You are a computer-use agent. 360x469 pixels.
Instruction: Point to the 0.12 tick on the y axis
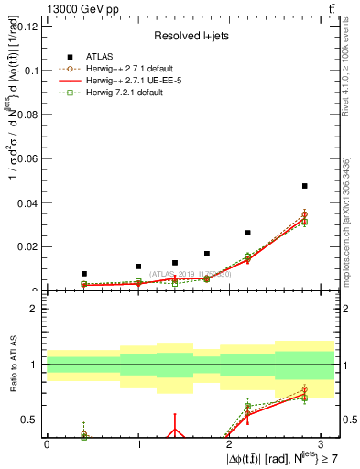click(29, 26)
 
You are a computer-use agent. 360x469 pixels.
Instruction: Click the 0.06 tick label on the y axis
click(29, 158)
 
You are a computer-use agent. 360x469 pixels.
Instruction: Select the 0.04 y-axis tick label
click(29, 202)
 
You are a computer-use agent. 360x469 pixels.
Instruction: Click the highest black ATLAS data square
click(304, 186)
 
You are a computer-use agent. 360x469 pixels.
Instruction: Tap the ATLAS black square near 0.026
click(247, 233)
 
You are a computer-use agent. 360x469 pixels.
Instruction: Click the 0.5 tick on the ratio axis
click(31, 420)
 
